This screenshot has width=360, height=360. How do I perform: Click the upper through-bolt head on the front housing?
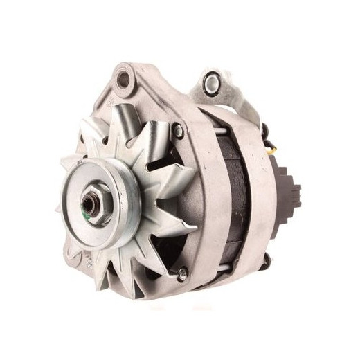[x=178, y=129]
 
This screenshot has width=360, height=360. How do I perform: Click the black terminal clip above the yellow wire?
[x=266, y=129]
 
